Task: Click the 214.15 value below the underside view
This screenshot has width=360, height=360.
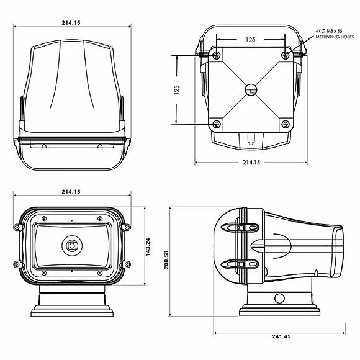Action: (x=251, y=163)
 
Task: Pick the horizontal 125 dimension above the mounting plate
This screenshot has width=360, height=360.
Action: (x=250, y=39)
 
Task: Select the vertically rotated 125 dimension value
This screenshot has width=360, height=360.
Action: (x=176, y=91)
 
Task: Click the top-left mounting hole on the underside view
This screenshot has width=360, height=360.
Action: (x=216, y=56)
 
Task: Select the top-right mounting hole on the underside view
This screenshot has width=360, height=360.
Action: (x=285, y=56)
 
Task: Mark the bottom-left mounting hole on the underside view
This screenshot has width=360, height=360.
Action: (x=216, y=125)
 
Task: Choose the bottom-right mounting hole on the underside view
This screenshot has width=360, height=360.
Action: (x=285, y=125)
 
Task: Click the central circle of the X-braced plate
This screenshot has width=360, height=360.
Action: (x=251, y=89)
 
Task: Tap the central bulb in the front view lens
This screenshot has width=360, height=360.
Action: (x=73, y=246)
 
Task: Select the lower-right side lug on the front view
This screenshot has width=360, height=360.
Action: (x=128, y=264)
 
